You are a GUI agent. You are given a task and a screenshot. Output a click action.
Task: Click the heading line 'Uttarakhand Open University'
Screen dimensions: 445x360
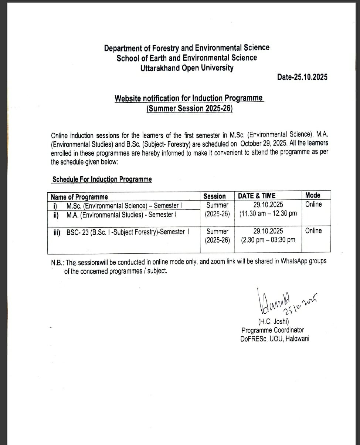(187, 68)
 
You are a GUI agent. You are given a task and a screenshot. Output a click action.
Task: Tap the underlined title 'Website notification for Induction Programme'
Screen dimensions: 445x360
(189, 98)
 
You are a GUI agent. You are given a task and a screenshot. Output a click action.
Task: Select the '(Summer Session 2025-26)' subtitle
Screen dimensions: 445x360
(190, 109)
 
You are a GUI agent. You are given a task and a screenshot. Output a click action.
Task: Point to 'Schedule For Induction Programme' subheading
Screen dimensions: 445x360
(102, 179)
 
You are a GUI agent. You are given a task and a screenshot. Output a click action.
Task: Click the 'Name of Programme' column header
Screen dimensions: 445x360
(79, 197)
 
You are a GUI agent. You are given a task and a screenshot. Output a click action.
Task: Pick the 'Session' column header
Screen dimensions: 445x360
(214, 196)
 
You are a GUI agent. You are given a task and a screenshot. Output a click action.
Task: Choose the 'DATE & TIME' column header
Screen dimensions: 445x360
(257, 196)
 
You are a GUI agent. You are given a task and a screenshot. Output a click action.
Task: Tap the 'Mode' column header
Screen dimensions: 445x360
(313, 195)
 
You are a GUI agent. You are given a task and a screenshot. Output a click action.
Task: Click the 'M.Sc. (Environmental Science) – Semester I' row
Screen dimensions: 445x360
(124, 206)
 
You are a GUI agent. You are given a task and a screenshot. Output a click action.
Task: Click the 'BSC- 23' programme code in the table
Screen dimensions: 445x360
(77, 232)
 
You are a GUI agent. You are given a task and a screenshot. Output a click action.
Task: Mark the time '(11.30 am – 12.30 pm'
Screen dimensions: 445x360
(268, 214)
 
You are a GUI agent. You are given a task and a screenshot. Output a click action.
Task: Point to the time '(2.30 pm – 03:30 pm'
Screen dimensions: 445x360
(268, 240)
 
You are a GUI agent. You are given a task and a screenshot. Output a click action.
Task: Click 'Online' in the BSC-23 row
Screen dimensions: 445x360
(313, 231)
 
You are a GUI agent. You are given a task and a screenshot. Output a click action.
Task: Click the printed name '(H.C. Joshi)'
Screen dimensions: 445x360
(274, 322)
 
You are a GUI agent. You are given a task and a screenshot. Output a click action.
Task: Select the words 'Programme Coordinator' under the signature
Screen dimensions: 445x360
(273, 330)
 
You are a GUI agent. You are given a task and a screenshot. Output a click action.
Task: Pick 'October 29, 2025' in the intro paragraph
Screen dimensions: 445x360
(264, 144)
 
